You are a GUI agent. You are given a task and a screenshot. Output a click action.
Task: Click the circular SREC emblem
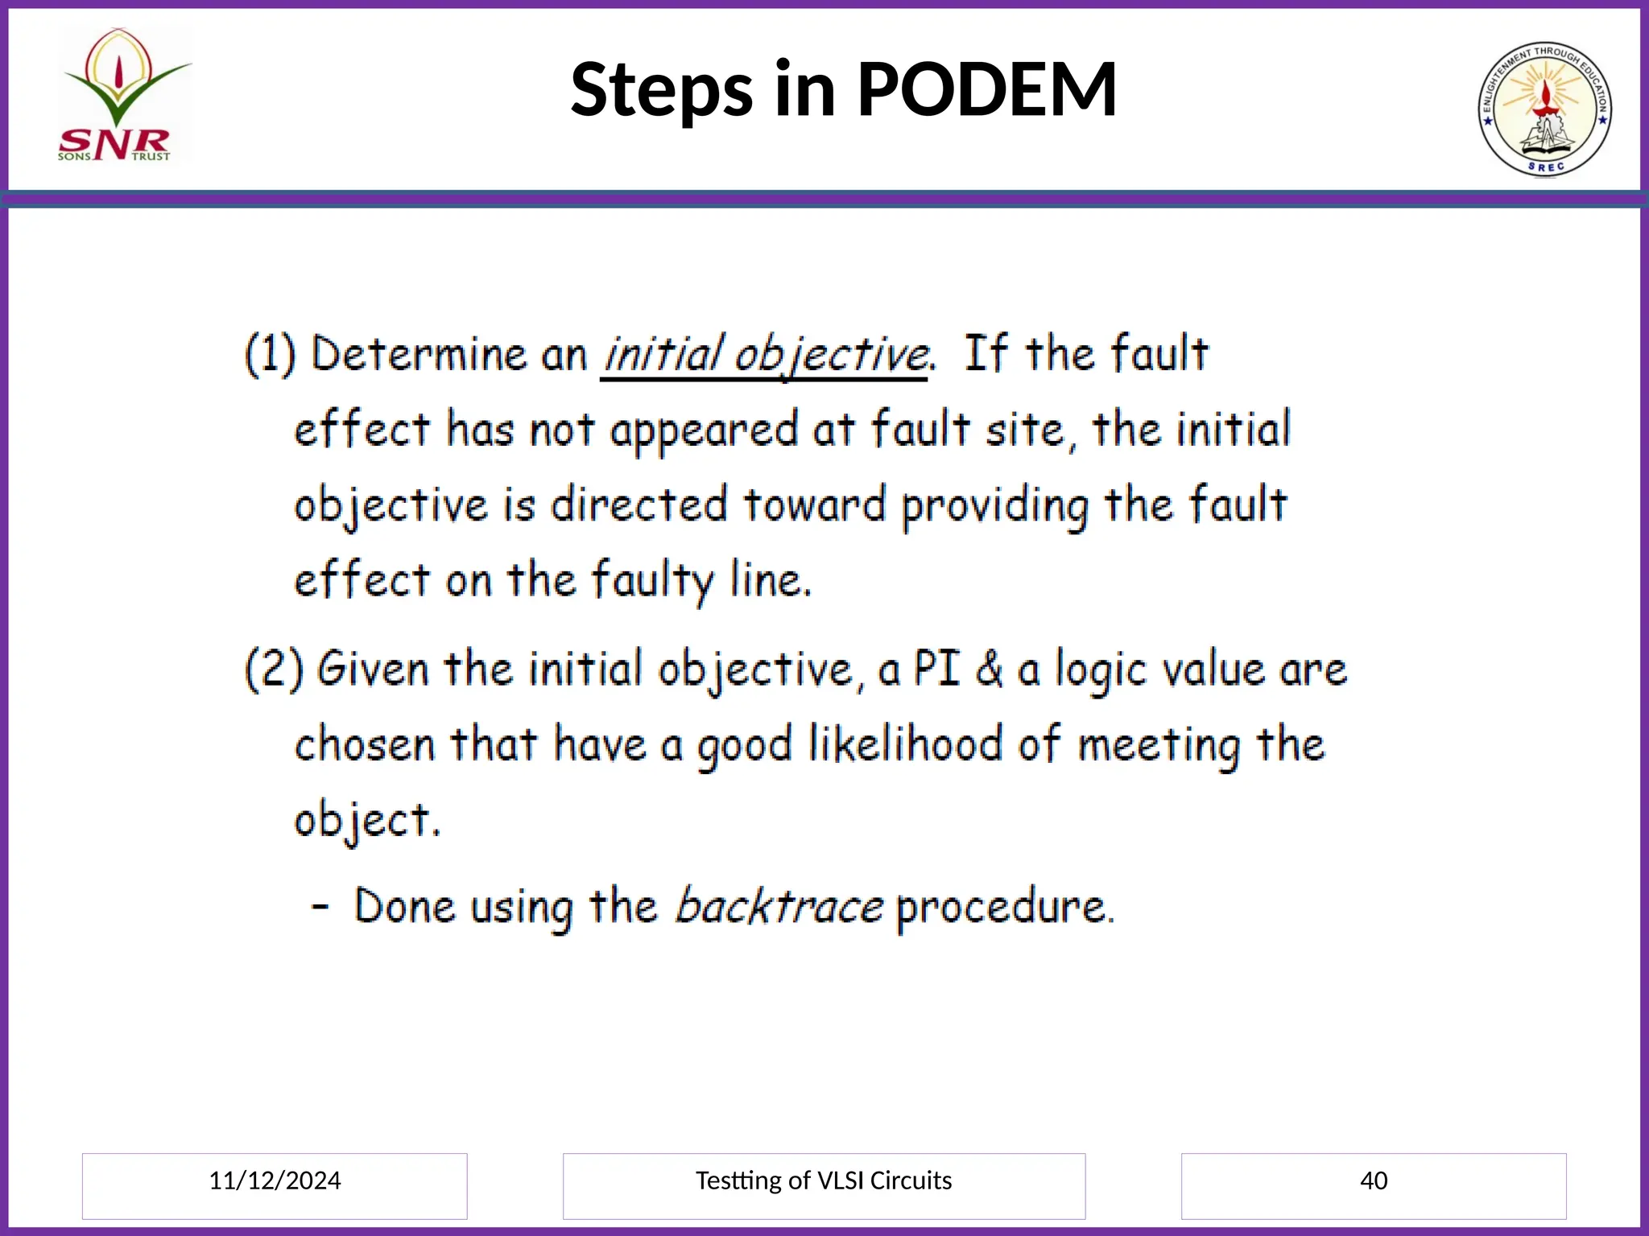point(1544,109)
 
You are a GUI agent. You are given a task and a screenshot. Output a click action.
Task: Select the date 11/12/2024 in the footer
point(275,1180)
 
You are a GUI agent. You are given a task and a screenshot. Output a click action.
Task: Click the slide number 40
point(1373,1180)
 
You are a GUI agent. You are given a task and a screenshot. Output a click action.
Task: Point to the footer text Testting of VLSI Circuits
point(823,1180)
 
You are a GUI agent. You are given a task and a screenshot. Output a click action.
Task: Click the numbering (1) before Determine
point(271,354)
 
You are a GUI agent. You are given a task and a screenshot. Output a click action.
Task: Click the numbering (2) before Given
point(274,669)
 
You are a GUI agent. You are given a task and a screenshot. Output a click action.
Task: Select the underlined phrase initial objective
point(765,355)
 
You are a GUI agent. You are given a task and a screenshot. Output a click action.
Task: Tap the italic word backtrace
point(778,907)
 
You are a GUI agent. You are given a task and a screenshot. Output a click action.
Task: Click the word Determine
point(419,354)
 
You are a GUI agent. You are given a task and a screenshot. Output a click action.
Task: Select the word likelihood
point(905,744)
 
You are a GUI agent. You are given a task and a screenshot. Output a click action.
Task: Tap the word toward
point(814,505)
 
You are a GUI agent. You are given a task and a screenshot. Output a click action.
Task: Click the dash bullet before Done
point(320,907)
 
